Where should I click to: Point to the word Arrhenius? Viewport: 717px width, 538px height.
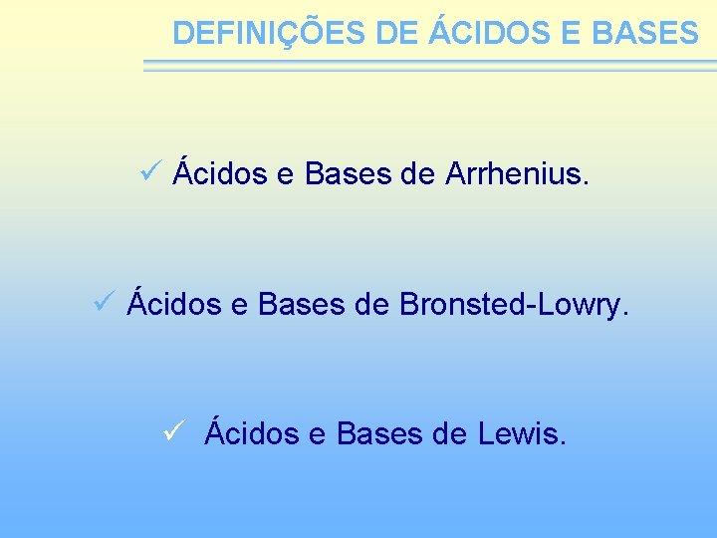(x=518, y=174)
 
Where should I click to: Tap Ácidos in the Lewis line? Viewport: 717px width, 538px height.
(x=251, y=433)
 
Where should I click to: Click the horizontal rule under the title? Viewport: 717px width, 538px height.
(x=428, y=65)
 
